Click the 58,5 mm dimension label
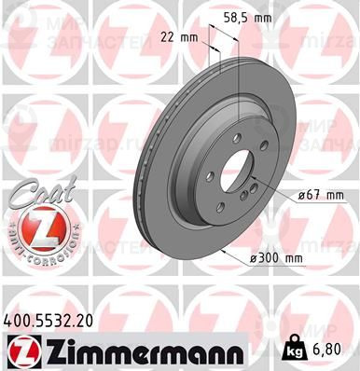coord(251,18)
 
